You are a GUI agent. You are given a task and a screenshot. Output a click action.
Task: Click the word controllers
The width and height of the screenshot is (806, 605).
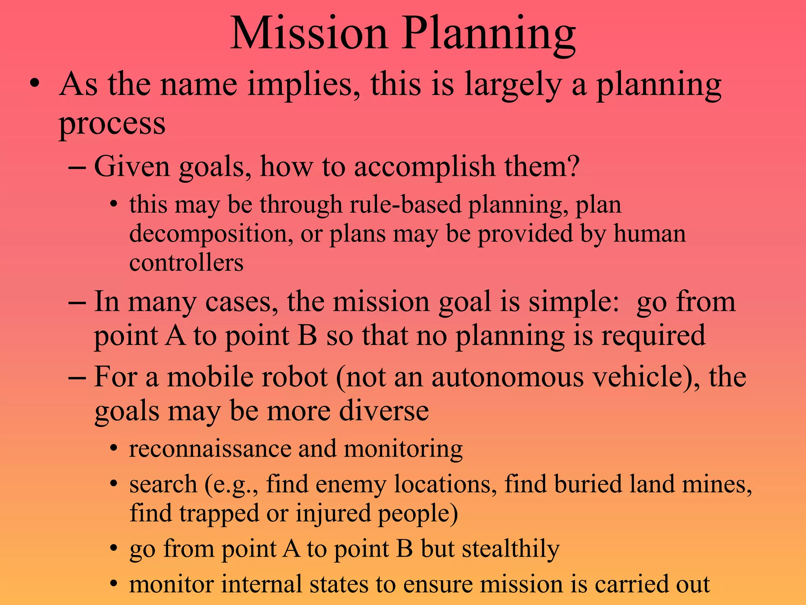(x=186, y=263)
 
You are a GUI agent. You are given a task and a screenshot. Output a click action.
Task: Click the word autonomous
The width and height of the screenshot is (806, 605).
(x=507, y=377)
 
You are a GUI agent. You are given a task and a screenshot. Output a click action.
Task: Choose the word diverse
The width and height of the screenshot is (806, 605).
(x=384, y=411)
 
